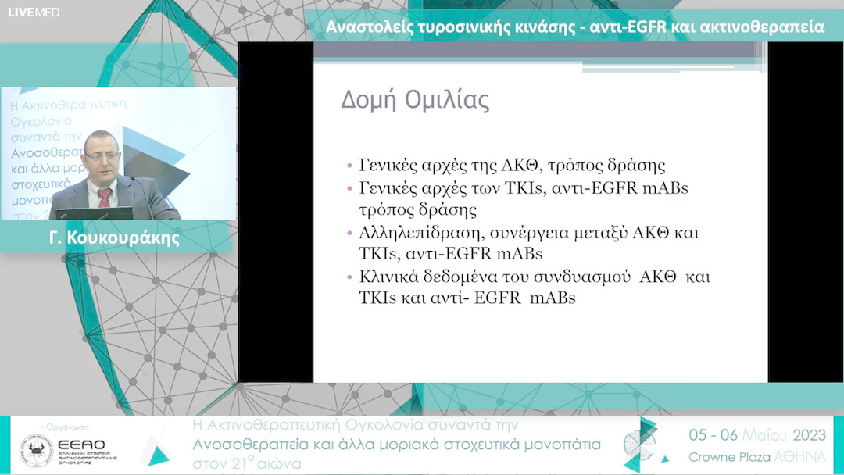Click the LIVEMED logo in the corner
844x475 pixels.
(34, 12)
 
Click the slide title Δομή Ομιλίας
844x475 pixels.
(415, 102)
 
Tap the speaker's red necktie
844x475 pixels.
(105, 196)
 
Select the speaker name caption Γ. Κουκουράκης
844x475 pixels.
(117, 237)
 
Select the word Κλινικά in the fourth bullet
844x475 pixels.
(384, 277)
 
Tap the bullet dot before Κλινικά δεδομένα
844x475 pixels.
(350, 277)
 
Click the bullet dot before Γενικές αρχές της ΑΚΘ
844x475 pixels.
(350, 166)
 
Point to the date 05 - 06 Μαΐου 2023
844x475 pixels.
(756, 435)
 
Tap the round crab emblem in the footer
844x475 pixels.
(37, 451)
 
